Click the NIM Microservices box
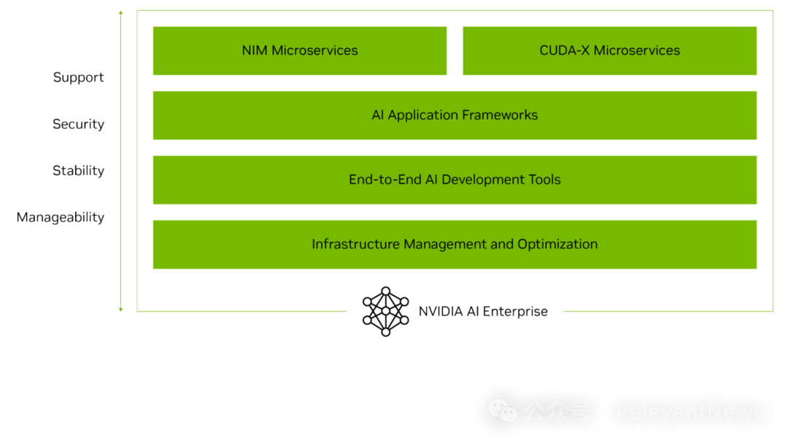[300, 51]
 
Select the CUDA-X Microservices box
[609, 51]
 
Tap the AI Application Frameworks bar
[455, 115]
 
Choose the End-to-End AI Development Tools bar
[455, 180]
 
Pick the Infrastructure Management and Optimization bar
[455, 245]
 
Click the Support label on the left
[79, 77]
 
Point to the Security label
[79, 124]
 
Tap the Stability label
[79, 170]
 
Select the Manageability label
[61, 217]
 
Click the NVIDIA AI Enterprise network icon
[387, 312]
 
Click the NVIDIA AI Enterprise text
[483, 312]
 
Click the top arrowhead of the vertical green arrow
[120, 12]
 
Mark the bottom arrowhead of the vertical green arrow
[120, 310]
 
